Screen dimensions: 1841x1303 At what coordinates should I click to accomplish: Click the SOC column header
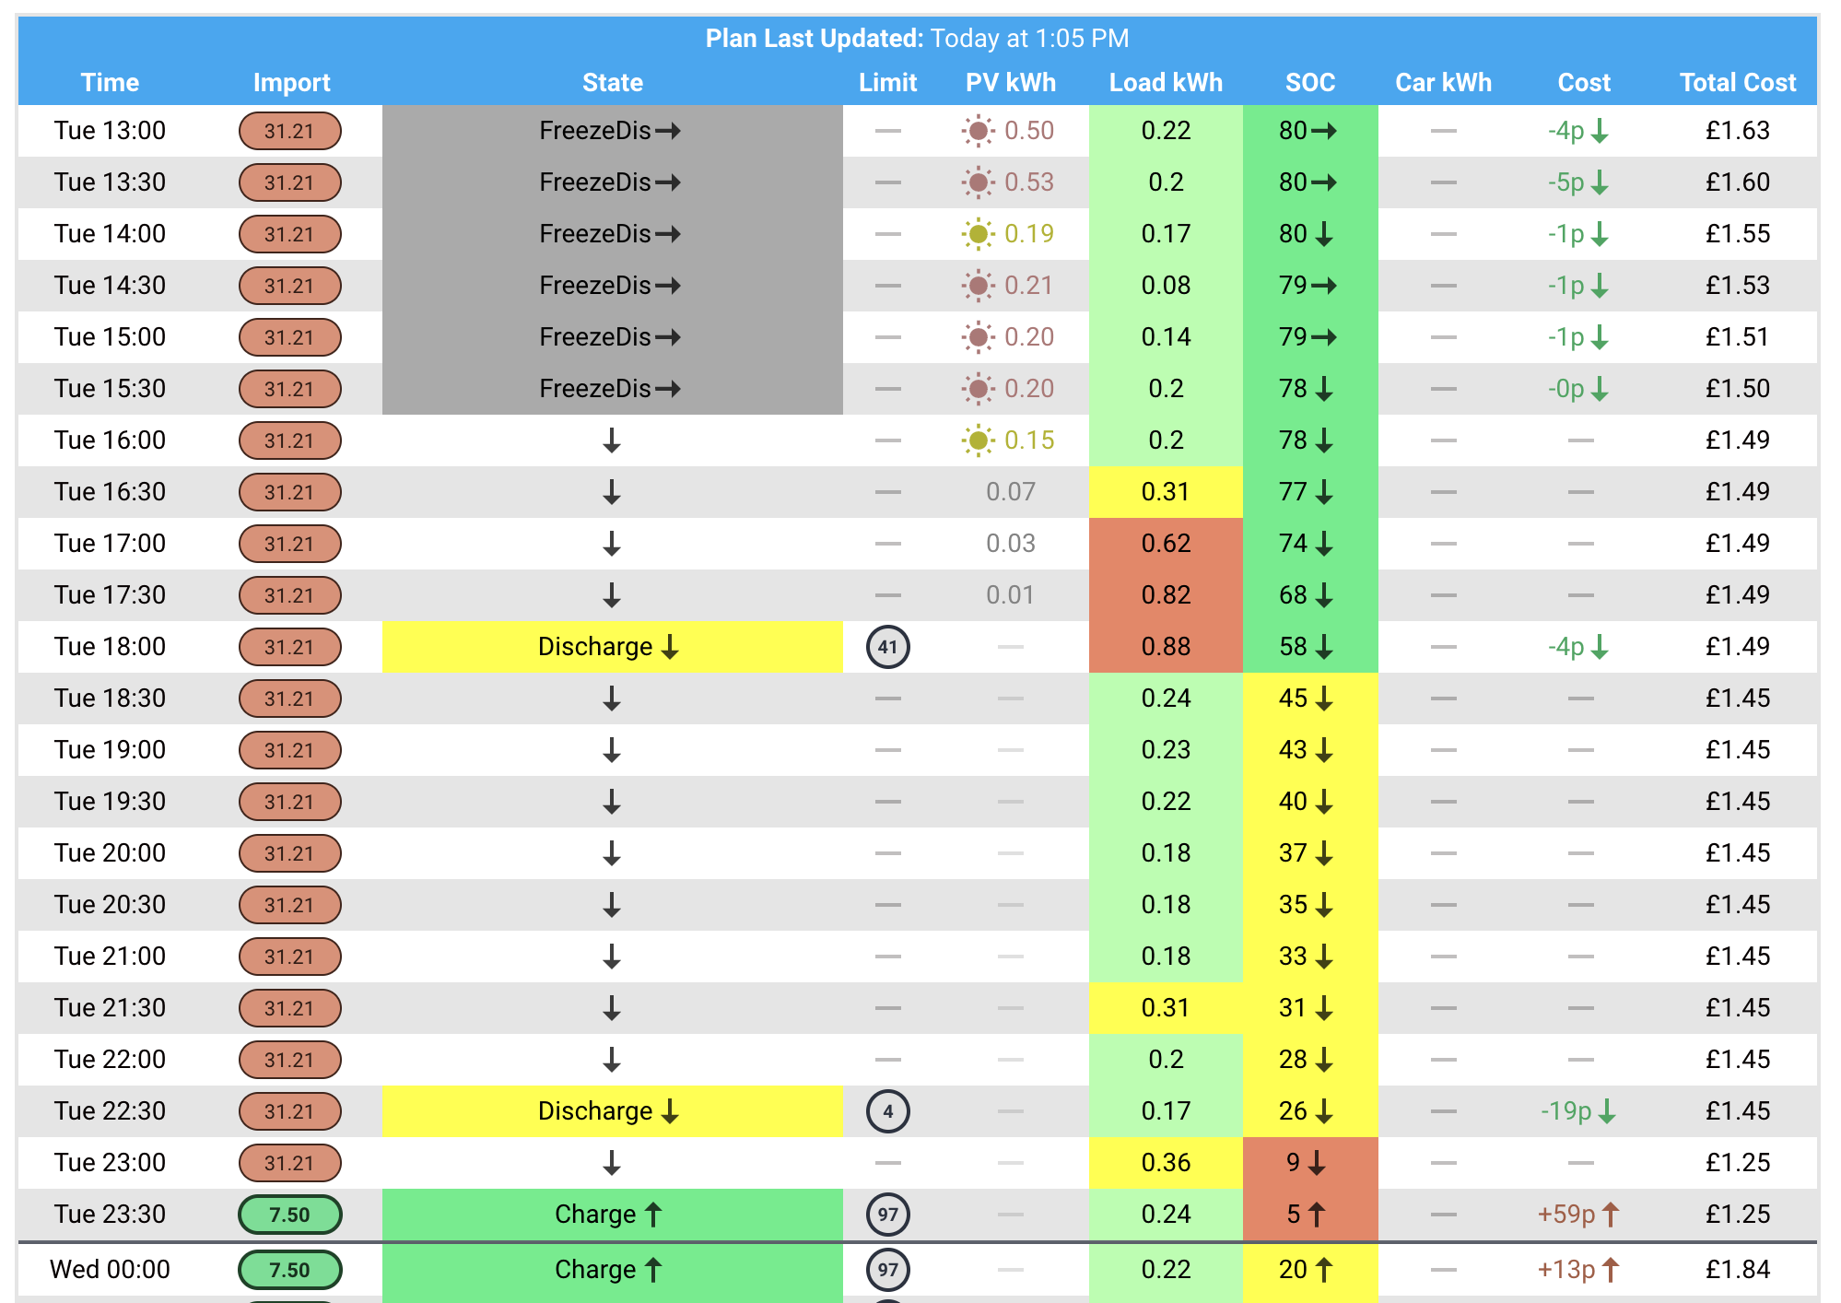1310,83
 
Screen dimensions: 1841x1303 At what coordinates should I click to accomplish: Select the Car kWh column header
1443,83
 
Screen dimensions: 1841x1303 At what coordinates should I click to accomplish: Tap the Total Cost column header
1738,83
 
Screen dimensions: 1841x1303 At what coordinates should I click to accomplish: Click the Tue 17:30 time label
110,595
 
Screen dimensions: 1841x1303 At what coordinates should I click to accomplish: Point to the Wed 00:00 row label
110,1270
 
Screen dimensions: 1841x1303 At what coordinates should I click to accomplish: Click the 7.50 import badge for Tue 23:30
290,1215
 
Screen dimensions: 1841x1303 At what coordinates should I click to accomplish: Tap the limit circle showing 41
888,647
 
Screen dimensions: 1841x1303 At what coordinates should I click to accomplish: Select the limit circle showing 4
888,1111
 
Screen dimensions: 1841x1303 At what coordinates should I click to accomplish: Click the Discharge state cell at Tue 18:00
613,647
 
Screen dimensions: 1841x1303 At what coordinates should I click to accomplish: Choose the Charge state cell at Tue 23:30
613,1215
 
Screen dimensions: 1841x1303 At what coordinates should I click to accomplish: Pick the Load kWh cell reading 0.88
1166,647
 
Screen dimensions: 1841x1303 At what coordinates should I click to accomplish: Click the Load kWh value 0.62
1166,544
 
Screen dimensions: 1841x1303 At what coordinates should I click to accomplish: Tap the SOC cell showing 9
1310,1163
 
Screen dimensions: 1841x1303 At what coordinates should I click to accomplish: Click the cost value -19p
1566,1111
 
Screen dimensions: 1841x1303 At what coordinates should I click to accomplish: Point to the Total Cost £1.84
1738,1270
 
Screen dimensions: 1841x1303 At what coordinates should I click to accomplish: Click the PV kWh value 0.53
1029,182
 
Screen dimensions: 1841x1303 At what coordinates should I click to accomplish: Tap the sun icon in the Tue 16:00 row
979,440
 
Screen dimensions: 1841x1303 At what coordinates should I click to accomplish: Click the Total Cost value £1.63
1738,131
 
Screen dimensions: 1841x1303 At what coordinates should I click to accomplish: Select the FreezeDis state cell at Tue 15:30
613,389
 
